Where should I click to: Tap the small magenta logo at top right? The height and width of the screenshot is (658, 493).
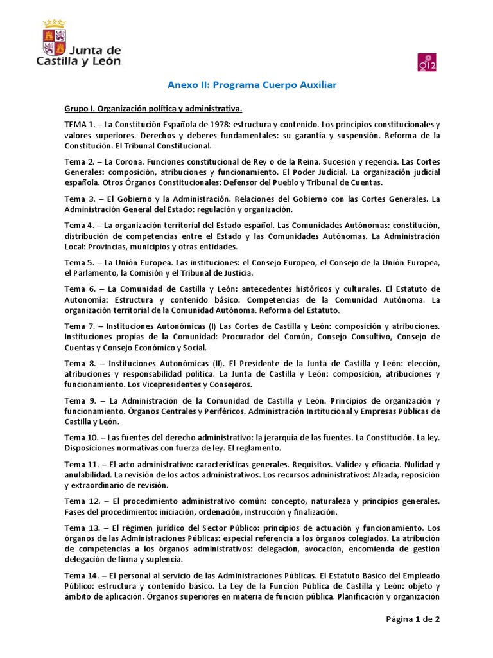click(427, 62)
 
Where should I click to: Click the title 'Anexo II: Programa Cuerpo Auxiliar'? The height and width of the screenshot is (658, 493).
click(243, 85)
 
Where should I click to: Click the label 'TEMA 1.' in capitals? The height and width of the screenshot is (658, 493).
click(80, 123)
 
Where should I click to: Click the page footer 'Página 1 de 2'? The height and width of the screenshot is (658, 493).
click(412, 620)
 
